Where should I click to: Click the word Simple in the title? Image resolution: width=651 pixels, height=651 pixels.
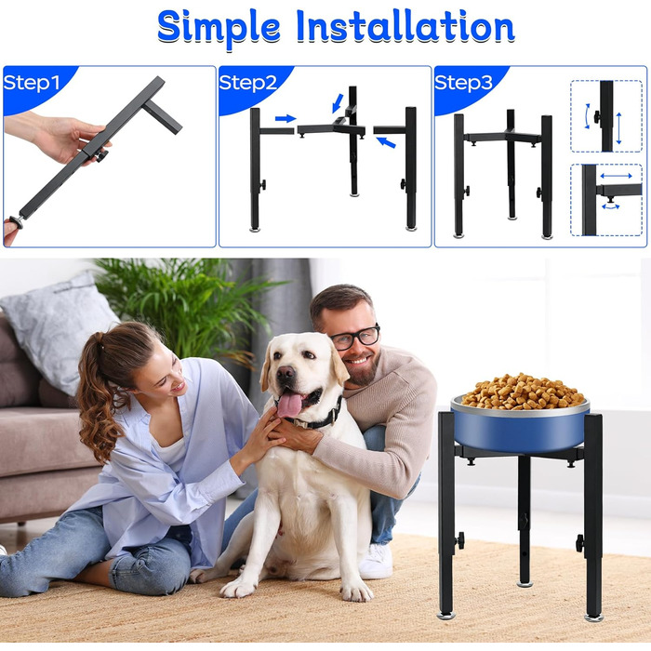[219, 28]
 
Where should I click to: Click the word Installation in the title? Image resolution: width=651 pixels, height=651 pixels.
[405, 26]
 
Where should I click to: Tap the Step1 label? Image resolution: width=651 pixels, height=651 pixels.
[32, 83]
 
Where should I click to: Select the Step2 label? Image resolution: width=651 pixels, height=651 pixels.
[248, 83]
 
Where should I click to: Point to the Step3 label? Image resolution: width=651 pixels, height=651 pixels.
[463, 83]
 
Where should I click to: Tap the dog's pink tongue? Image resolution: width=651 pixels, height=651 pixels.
[289, 405]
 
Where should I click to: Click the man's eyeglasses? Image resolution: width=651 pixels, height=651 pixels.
[355, 337]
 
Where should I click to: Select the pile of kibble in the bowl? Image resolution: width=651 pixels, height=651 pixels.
[523, 392]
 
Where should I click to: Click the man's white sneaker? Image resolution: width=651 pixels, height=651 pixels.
[376, 562]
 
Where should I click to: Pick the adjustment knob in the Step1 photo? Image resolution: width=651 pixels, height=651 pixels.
[100, 156]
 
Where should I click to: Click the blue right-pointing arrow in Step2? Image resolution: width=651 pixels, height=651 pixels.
[286, 119]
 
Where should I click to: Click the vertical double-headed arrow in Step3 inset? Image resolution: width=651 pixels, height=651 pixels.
[618, 128]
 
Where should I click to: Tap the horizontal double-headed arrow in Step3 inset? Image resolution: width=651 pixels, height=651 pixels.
[616, 176]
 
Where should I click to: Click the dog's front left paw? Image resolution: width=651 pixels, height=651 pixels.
[236, 588]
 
